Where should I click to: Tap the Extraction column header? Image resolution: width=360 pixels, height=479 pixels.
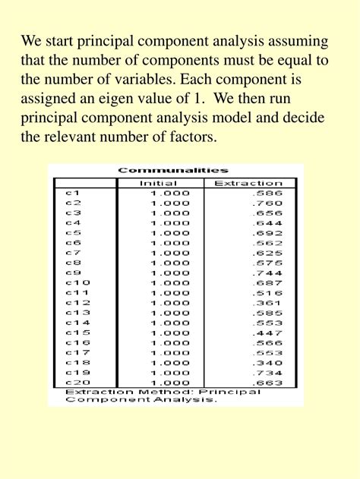pos(248,183)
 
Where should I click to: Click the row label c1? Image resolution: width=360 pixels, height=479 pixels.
pos(73,193)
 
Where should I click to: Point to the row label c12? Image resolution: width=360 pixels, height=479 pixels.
pos(77,302)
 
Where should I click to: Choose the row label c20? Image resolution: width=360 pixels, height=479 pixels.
pos(77,382)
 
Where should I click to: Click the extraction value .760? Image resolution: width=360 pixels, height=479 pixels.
pos(269,203)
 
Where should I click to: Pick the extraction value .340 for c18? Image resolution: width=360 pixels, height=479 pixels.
pos(269,362)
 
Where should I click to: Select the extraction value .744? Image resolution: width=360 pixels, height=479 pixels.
pos(269,273)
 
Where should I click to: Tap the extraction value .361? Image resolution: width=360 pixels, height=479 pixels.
pos(269,302)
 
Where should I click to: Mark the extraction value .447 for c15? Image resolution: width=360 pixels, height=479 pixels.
pos(269,332)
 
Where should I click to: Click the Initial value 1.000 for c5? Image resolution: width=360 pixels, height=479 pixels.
pos(165,232)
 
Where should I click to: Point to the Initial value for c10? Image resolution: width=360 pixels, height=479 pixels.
pos(165,282)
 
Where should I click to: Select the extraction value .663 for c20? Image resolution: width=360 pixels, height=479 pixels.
pos(269,382)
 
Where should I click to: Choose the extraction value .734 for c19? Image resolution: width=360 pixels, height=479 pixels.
pos(269,372)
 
